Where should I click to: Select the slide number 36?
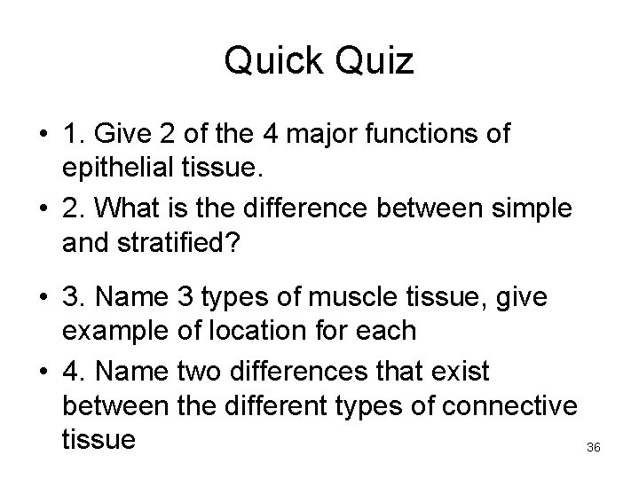(x=594, y=448)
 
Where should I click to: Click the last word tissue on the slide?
(x=99, y=441)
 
